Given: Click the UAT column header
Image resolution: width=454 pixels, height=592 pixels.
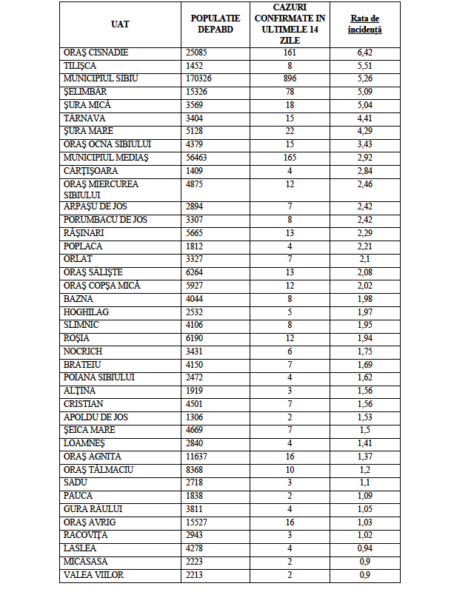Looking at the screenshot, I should coord(120,24).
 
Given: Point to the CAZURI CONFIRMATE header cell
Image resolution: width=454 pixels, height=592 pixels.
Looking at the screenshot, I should coord(290,24).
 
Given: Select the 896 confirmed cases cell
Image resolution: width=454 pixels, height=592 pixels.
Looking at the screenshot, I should coord(290,78).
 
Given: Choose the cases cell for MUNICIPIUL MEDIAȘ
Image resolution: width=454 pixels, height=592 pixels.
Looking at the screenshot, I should coord(290,158).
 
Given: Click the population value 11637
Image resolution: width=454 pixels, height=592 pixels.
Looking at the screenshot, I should coord(198,456).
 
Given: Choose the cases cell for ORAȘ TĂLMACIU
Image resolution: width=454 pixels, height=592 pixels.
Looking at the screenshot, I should coord(290,469).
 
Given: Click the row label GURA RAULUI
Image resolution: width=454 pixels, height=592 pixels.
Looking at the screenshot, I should coord(93,509).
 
